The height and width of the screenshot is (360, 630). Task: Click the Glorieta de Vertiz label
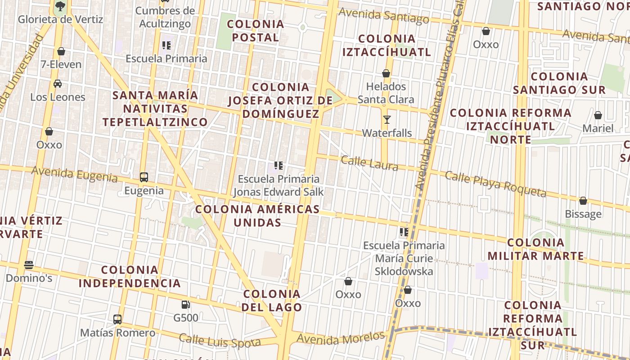(x=60, y=19)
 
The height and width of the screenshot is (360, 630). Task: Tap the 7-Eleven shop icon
(x=61, y=51)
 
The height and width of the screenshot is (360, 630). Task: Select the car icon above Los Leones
(x=58, y=84)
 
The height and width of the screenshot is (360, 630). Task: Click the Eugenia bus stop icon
(x=144, y=177)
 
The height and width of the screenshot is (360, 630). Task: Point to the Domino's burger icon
(x=29, y=265)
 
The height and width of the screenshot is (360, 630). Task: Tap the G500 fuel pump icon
(x=185, y=305)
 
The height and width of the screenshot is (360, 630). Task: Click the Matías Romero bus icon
(x=117, y=319)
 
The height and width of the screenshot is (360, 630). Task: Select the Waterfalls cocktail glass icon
(x=387, y=120)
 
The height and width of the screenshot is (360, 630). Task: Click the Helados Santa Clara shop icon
(x=386, y=73)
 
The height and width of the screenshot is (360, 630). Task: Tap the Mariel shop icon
(x=598, y=115)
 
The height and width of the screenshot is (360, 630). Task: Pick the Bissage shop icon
(x=583, y=201)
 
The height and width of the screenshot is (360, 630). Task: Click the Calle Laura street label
(x=369, y=163)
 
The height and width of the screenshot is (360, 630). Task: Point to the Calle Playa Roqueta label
(x=495, y=184)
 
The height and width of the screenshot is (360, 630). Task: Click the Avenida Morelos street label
(x=341, y=337)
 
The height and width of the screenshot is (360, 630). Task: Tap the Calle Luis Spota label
(x=220, y=341)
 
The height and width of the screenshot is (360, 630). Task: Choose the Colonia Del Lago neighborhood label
(x=272, y=301)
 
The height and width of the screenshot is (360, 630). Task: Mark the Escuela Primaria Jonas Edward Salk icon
(x=279, y=166)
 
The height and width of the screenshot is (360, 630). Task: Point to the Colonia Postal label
(x=256, y=31)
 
